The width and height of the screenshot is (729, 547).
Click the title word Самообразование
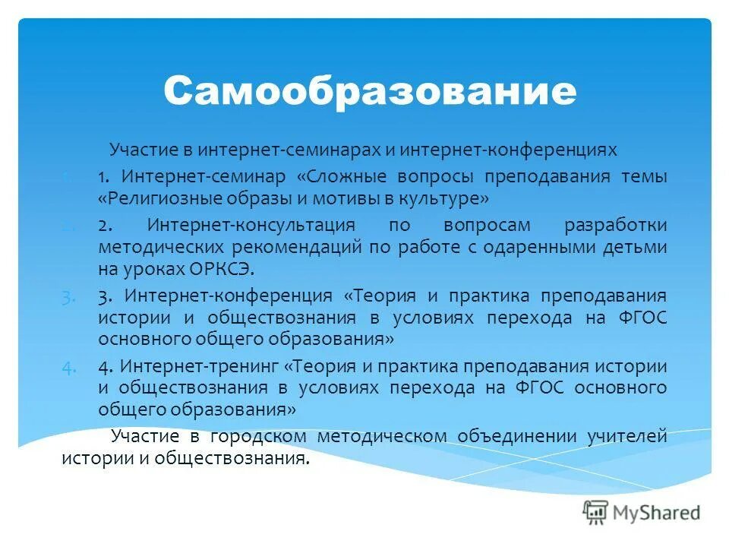[x=369, y=91]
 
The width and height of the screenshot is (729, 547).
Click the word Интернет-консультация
[x=251, y=226]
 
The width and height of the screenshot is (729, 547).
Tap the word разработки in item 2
[x=615, y=226]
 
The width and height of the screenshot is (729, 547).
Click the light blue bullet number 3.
[x=69, y=296]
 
